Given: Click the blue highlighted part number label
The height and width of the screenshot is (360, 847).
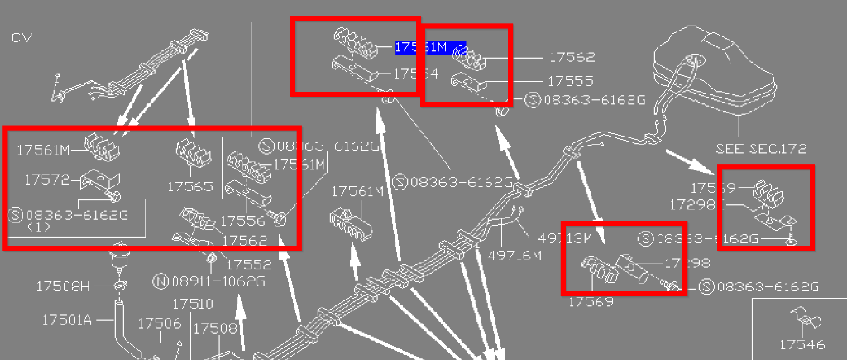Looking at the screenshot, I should click(x=430, y=48).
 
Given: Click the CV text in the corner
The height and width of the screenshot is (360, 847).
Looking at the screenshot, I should click(x=22, y=37).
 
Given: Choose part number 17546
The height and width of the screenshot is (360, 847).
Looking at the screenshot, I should click(x=802, y=343).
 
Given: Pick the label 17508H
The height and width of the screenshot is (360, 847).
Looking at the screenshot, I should click(x=62, y=286).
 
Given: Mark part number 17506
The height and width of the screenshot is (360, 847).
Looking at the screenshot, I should click(x=159, y=323).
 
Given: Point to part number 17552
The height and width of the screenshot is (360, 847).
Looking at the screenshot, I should click(x=249, y=265).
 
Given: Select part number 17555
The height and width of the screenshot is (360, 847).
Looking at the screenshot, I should click(x=572, y=81).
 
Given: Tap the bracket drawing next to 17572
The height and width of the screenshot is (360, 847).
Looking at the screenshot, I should click(x=100, y=180).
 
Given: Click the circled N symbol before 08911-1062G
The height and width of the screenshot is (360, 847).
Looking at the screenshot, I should click(x=160, y=281).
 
